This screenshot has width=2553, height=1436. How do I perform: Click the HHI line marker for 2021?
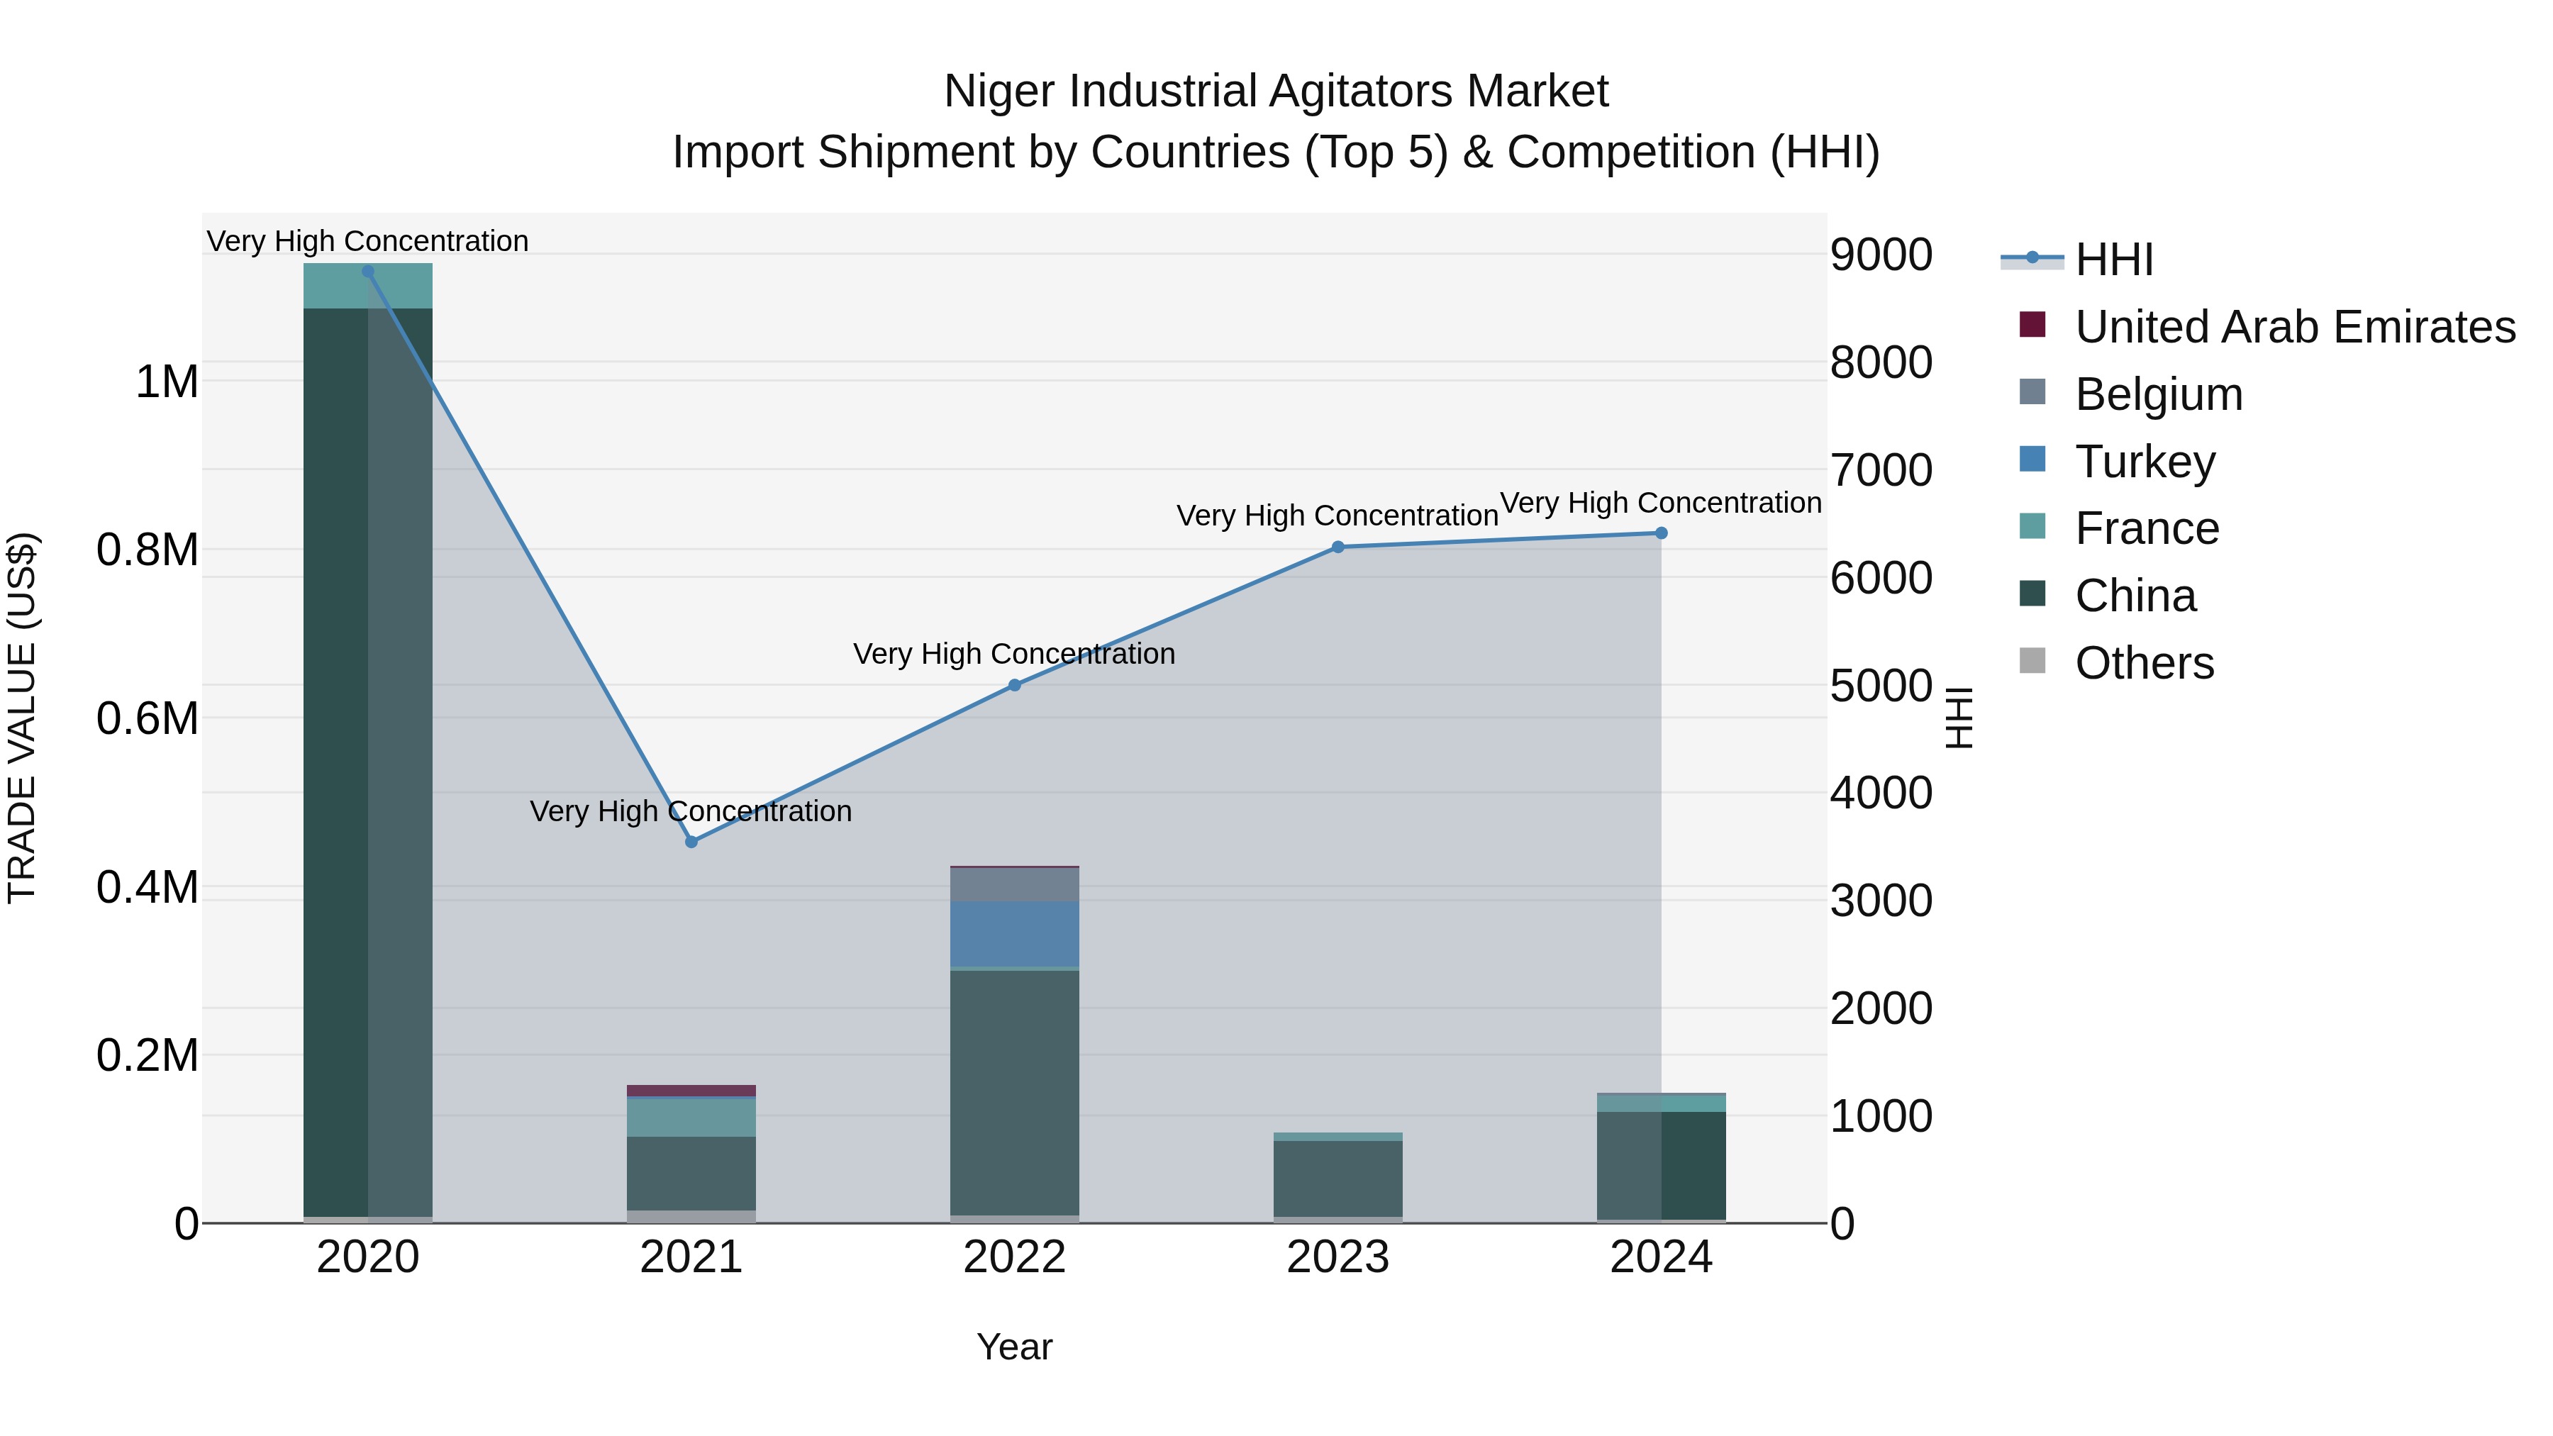tap(691, 841)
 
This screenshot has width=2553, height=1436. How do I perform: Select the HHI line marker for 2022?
tap(1014, 685)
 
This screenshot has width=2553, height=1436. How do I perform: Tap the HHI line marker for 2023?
tap(1338, 547)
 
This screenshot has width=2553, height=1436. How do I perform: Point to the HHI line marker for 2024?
tap(1661, 533)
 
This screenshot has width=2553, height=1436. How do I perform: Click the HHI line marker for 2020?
tap(367, 271)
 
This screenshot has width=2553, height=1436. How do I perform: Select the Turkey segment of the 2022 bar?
tap(1014, 933)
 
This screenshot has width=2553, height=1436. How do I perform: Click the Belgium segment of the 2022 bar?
tap(1014, 884)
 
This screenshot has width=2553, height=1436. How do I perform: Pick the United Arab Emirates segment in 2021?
tap(691, 1090)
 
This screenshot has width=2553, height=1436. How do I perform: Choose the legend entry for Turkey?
tap(2144, 462)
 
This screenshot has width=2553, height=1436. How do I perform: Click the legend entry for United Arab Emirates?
tap(2293, 327)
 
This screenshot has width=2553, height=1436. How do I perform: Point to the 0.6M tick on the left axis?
tap(147, 718)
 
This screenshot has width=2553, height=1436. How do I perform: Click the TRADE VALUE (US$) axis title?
tap(23, 718)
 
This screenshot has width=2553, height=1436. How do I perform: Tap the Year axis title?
tap(1014, 1347)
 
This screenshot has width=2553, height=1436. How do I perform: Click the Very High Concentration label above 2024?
tap(1660, 503)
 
